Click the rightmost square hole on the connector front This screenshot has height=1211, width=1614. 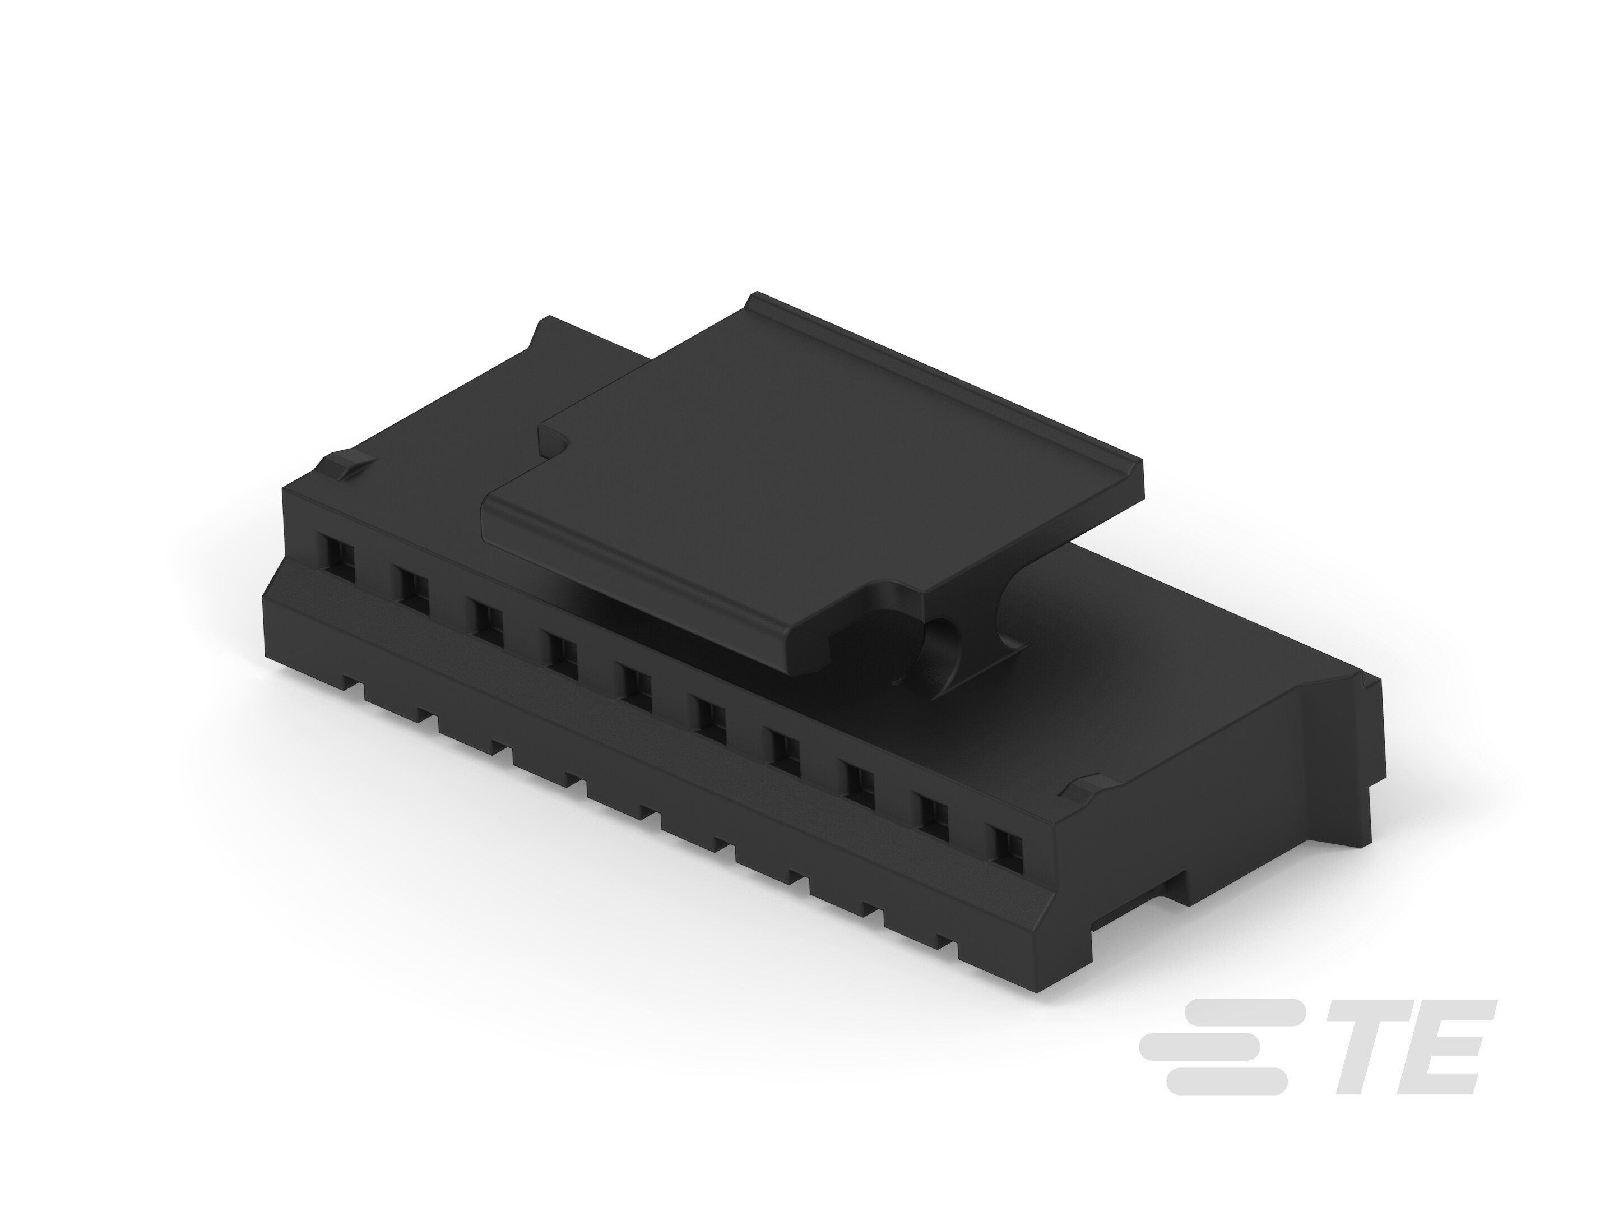pos(1006,848)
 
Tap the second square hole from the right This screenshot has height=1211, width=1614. pos(934,819)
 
